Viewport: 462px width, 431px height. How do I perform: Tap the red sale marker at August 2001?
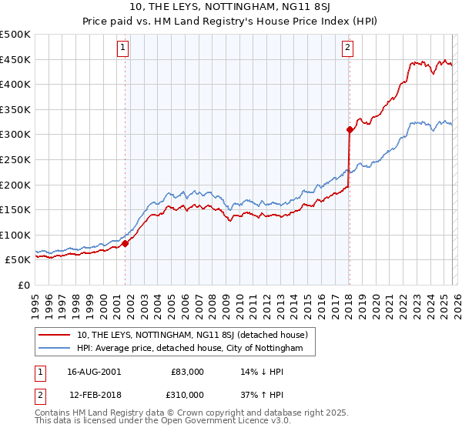pos(125,243)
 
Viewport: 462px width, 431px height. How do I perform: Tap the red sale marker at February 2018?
pos(349,129)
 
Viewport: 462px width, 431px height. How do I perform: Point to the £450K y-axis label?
pos(16,59)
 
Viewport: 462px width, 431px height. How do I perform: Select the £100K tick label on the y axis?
pos(16,235)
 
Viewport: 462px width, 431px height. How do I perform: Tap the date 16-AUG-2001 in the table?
pos(94,372)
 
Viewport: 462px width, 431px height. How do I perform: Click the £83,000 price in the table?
pos(188,372)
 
